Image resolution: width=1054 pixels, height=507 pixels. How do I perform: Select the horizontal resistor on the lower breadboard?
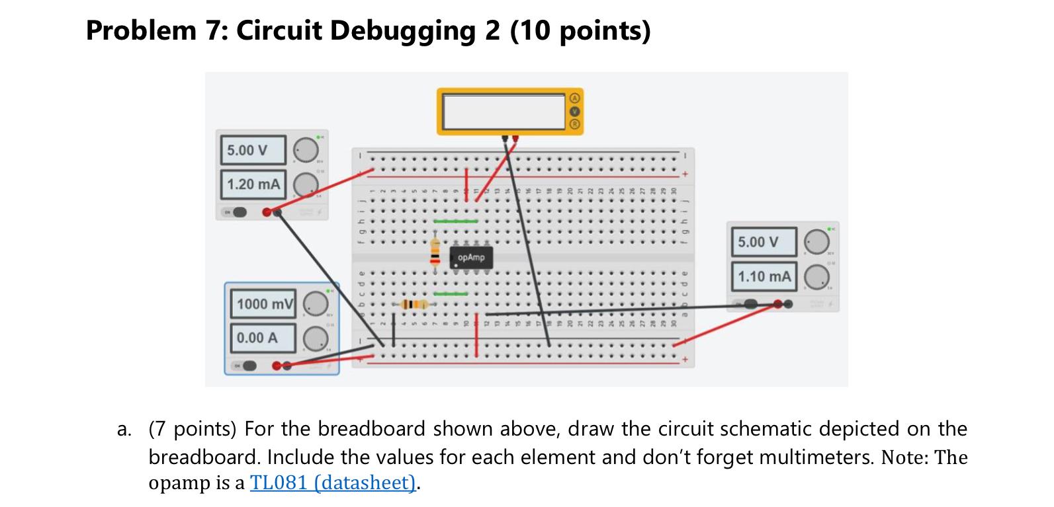click(412, 304)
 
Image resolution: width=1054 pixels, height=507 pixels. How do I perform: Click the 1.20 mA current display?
click(253, 184)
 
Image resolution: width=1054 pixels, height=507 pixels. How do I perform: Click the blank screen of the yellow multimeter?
click(504, 111)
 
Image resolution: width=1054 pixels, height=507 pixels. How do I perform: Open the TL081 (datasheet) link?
click(333, 483)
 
